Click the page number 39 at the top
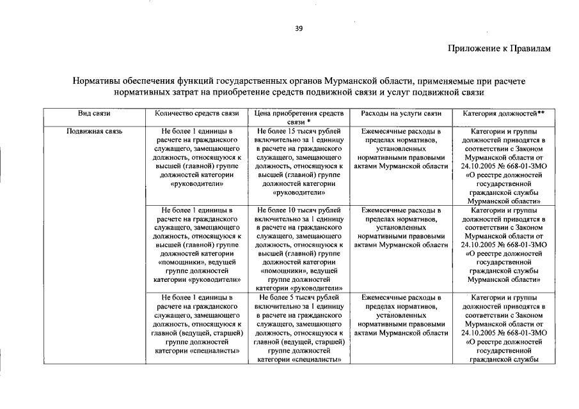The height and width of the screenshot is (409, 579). click(x=298, y=27)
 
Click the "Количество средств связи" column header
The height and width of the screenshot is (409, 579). click(x=197, y=113)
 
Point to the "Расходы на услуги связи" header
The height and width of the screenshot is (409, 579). click(x=401, y=113)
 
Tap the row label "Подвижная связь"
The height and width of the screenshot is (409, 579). click(x=94, y=131)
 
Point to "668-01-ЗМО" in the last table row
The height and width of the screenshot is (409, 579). click(x=526, y=333)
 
